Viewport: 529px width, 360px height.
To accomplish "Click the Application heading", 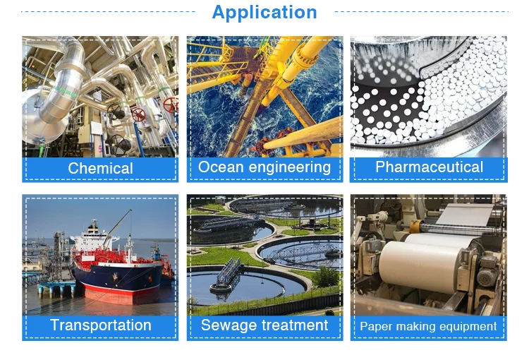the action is (x=264, y=13).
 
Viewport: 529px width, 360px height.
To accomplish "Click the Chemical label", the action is (x=100, y=168).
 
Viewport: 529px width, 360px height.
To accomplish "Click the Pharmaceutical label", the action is (x=429, y=167).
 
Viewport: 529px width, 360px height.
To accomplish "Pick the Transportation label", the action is (x=101, y=325).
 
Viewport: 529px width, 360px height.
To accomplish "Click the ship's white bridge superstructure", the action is (x=93, y=237).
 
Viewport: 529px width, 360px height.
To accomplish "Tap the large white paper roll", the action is (x=422, y=266).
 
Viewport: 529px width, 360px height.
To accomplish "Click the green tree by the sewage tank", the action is (x=325, y=277).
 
